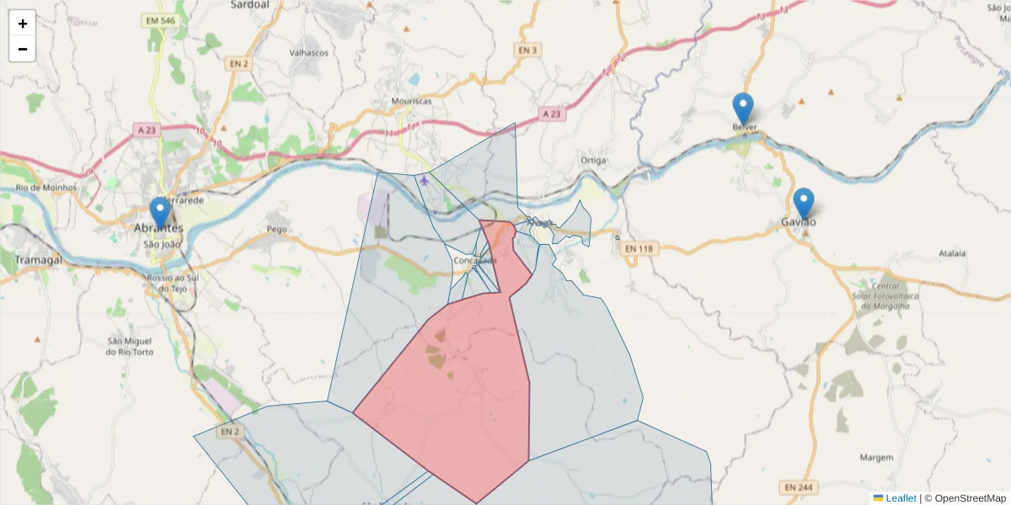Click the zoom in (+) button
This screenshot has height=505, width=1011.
23,24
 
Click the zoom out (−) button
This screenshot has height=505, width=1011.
23,49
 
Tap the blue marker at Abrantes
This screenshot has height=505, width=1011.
159,213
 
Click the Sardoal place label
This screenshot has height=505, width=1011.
249,4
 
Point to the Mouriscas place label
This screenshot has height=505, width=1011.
411,101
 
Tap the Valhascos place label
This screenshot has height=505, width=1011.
308,52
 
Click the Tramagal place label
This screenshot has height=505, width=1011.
39,260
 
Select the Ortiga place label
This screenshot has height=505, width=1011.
594,160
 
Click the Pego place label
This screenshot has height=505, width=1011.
276,229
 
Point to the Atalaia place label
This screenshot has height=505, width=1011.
952,252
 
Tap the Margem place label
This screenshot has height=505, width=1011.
876,457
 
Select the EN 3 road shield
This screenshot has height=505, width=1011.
527,50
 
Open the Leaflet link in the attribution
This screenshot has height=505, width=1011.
900,498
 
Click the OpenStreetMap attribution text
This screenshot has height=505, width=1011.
970,498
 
